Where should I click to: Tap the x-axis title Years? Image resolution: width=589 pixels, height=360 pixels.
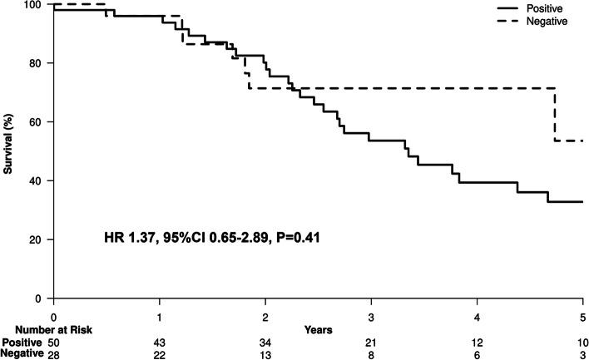point(319,329)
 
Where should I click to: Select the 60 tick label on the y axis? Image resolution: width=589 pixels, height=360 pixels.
point(37,122)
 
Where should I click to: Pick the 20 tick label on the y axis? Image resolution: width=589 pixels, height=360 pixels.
point(37,240)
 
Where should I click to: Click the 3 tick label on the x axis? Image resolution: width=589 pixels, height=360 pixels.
point(371,317)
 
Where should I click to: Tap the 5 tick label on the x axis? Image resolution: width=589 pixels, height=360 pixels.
point(582,317)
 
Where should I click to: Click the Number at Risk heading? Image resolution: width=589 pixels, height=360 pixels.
point(47,329)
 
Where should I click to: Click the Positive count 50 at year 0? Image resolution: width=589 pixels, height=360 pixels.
point(53,342)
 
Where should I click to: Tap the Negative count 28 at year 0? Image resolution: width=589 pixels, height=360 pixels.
point(53,354)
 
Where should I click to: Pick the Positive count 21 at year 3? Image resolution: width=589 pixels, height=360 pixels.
point(371,342)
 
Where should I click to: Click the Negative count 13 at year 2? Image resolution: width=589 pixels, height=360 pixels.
point(265,354)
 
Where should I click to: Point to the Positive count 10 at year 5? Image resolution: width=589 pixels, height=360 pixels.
point(582,342)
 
